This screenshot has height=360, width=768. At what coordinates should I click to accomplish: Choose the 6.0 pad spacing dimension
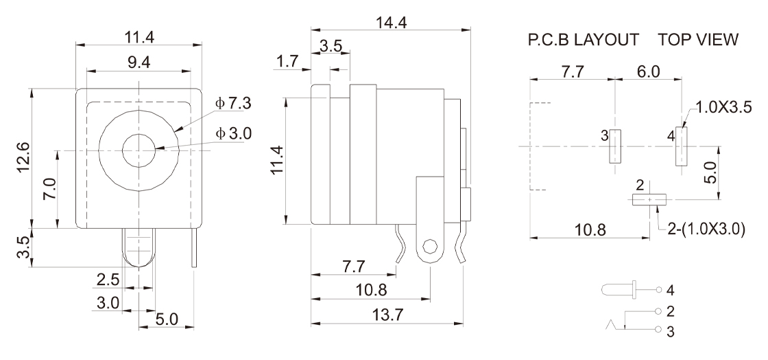tap(649, 72)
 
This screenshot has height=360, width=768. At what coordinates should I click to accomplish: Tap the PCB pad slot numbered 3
tap(615, 146)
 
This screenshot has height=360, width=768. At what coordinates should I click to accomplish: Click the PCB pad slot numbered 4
tap(681, 146)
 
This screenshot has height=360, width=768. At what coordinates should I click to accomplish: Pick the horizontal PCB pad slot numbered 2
tap(649, 200)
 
